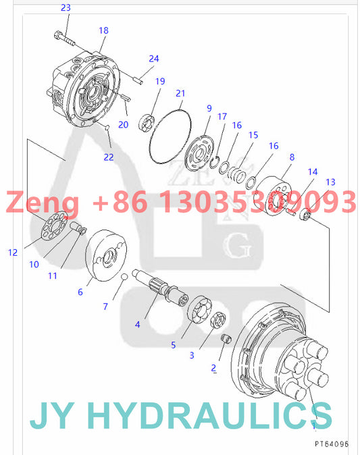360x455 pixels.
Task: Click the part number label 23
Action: click(x=65, y=7)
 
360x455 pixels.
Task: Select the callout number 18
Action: click(x=103, y=30)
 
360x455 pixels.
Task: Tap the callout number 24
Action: click(x=154, y=59)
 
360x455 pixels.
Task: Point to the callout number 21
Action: click(x=180, y=92)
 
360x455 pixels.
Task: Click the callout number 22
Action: click(x=109, y=157)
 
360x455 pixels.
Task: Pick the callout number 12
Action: click(x=13, y=252)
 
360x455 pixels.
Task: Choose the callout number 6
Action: click(x=80, y=292)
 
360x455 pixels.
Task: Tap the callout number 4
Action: click(x=137, y=324)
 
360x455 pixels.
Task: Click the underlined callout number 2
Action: click(x=213, y=368)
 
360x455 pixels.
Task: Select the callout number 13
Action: click(x=330, y=182)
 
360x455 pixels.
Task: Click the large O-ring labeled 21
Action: click(x=169, y=135)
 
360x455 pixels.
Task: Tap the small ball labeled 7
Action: click(x=125, y=277)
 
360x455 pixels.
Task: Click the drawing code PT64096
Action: click(x=331, y=444)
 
